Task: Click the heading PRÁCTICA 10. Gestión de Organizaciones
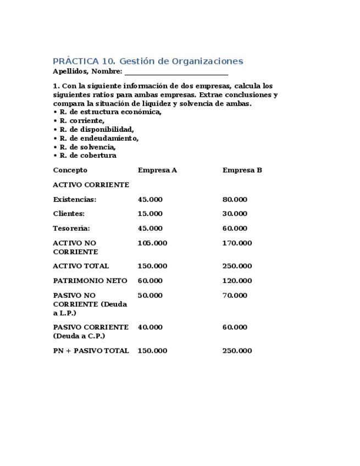(148, 61)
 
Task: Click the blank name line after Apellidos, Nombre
(176, 71)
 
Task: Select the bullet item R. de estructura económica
(110, 112)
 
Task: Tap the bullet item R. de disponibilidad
(96, 130)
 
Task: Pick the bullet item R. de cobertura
(87, 156)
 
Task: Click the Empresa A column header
(157, 170)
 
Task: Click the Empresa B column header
(242, 170)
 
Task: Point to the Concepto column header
(70, 170)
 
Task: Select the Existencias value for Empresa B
(235, 199)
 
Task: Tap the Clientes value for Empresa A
(150, 214)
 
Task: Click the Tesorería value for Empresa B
(235, 229)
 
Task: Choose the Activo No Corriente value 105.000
(152, 243)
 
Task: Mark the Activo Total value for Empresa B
(237, 266)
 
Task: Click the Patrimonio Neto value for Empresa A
(150, 281)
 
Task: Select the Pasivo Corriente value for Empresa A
(150, 327)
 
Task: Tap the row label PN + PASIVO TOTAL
(91, 351)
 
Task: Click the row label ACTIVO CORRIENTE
(91, 185)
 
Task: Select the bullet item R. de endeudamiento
(99, 138)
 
